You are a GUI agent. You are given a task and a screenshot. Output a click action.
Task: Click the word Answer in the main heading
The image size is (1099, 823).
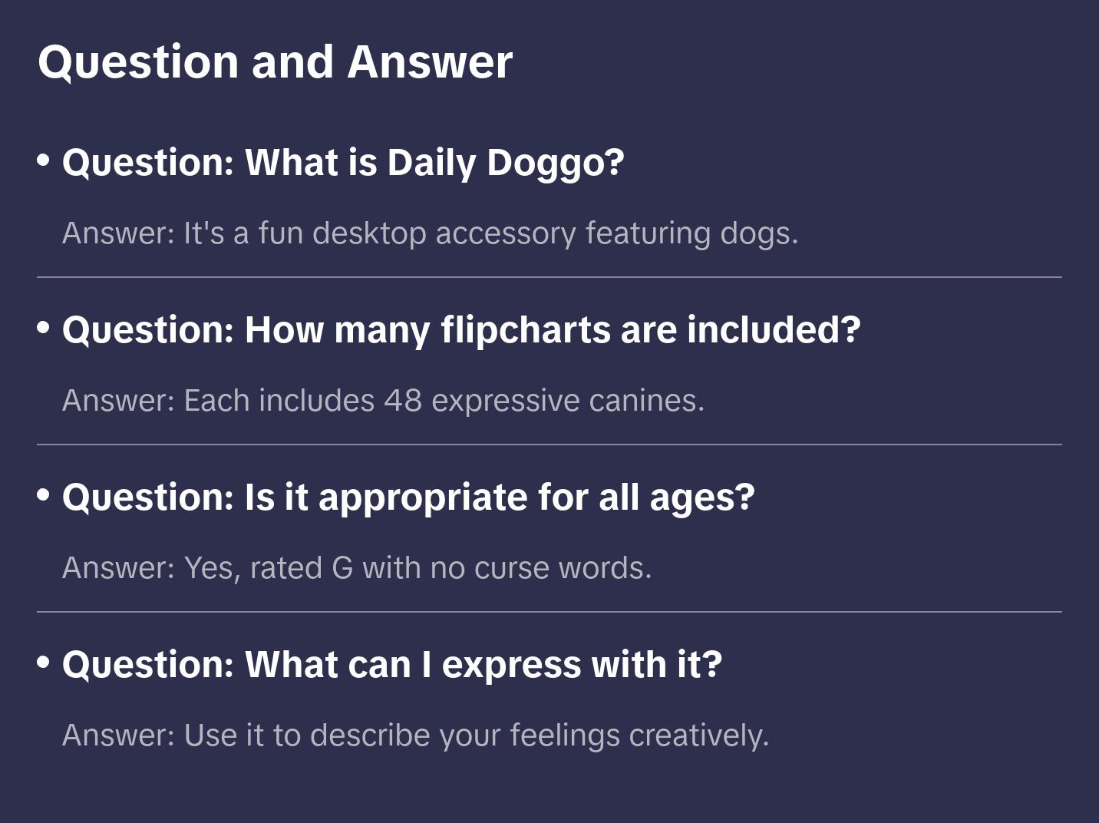(430, 62)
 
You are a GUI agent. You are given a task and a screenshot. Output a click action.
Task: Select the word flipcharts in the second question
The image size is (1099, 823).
(526, 331)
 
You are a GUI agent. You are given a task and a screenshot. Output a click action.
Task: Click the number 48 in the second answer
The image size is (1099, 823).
(403, 401)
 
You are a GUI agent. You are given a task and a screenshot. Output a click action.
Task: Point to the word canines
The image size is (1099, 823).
(646, 401)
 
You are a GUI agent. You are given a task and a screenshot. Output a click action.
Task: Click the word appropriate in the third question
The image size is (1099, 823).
(423, 498)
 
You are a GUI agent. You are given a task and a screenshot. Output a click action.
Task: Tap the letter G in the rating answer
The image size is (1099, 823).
(342, 567)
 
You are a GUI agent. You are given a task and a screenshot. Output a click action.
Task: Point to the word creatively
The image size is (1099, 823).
(698, 735)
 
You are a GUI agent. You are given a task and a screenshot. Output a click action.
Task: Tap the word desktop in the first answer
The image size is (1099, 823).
(369, 234)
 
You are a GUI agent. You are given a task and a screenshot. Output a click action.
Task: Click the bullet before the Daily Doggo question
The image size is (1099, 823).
(44, 160)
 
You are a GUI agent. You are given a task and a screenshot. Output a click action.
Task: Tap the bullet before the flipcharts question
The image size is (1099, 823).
(44, 327)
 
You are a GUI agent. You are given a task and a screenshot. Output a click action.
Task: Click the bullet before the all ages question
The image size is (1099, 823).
(44, 494)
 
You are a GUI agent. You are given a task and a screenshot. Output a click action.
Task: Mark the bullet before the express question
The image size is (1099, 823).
(44, 662)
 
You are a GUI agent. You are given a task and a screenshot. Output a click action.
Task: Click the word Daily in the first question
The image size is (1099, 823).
(431, 164)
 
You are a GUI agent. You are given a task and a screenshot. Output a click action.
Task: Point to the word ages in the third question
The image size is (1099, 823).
(702, 500)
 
